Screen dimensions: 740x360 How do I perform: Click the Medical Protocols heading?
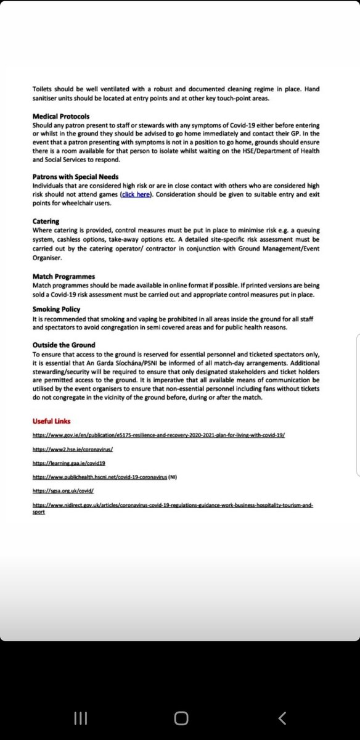61,117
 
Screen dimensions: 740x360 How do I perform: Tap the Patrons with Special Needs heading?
75,177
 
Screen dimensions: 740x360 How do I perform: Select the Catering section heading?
46,221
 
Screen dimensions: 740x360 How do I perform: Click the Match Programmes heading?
64,277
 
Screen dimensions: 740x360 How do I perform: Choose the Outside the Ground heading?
64,345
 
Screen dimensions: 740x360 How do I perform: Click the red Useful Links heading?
52,421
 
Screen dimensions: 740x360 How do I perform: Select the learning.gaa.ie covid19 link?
70,462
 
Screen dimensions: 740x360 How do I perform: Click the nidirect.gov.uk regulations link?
173,505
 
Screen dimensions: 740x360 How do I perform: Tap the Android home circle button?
181,718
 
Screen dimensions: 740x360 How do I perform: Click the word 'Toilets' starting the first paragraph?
43,89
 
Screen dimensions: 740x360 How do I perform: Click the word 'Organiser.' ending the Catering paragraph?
49,259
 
